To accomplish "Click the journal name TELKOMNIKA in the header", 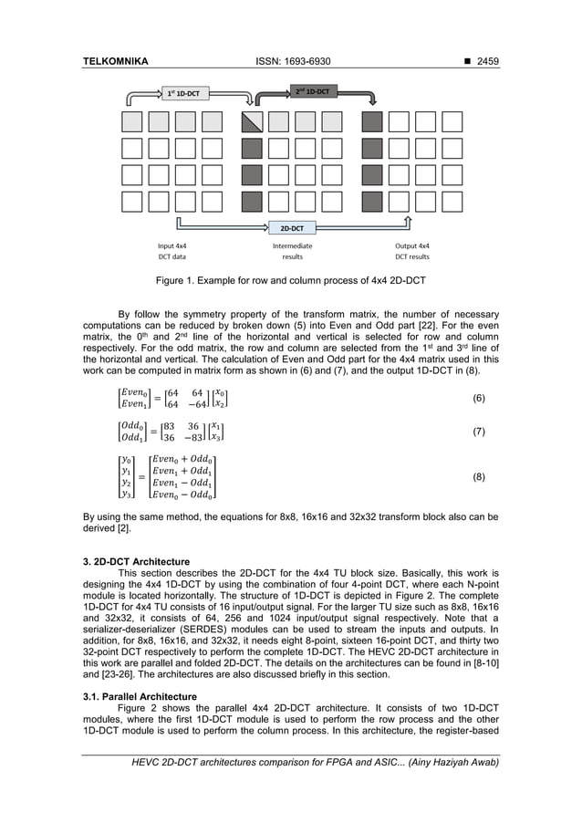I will [x=115, y=61].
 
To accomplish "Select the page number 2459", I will [x=483, y=61].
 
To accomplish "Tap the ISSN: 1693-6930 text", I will [x=291, y=61].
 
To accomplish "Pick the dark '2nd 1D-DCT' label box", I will [x=311, y=92].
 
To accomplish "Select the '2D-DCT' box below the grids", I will [x=291, y=227].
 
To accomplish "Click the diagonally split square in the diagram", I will [x=252, y=122].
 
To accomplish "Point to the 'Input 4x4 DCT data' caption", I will [x=172, y=251].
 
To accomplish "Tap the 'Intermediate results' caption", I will [x=292, y=251].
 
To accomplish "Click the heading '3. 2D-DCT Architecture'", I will [x=136, y=561].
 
